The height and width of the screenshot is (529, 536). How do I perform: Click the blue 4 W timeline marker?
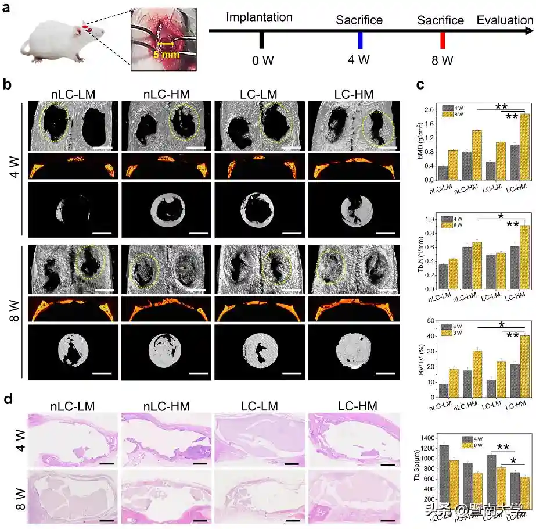(361, 40)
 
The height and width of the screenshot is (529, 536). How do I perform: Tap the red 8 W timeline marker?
(442, 40)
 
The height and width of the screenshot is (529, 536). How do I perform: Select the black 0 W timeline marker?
(262, 40)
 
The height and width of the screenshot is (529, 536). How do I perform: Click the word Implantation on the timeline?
(259, 17)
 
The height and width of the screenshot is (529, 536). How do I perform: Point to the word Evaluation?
(505, 20)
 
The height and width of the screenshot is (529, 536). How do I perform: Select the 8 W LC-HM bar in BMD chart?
(525, 148)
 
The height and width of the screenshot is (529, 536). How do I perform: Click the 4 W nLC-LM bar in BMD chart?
(443, 174)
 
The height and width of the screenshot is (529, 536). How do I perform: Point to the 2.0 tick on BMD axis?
(431, 110)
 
